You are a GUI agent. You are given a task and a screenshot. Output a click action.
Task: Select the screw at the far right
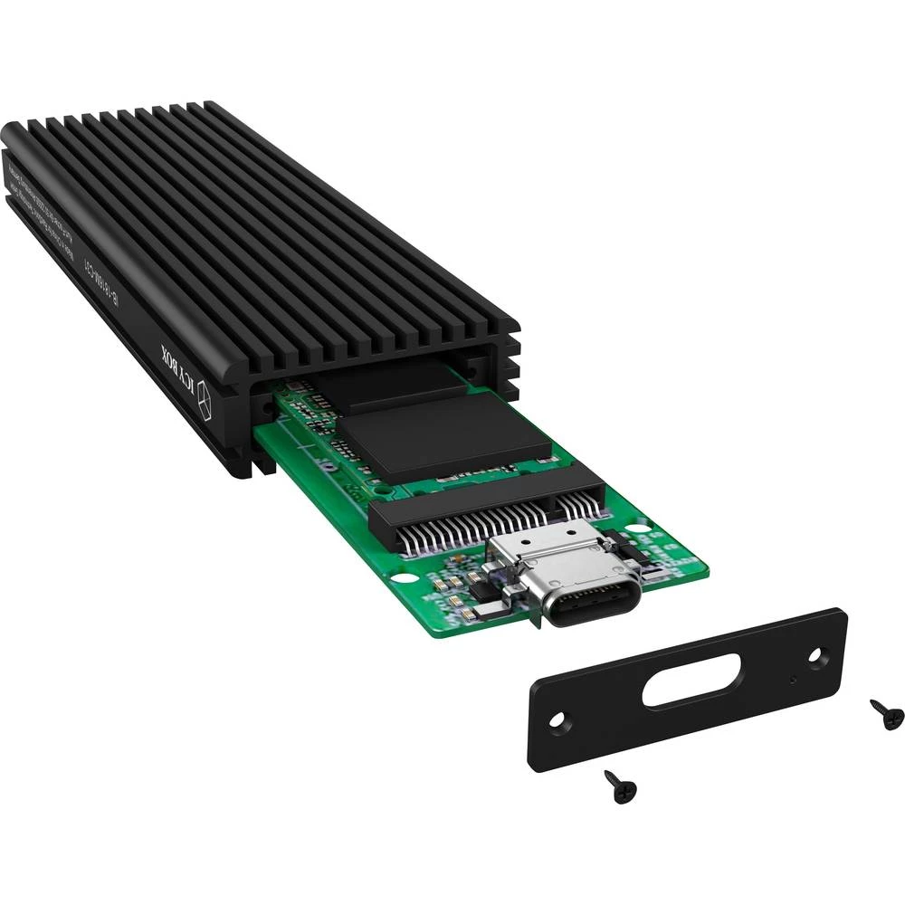(886, 714)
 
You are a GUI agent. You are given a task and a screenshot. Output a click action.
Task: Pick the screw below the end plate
(621, 786)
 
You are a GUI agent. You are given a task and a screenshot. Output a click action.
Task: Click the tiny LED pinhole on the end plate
(791, 680)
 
